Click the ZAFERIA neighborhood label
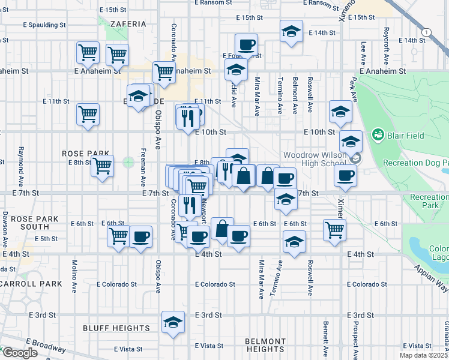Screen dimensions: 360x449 click(127, 24)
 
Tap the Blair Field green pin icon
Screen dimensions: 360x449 click(378, 133)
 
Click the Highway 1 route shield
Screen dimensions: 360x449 click(426, 31)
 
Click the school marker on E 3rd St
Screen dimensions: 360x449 click(173, 322)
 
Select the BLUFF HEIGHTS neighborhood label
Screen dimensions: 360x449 click(116, 328)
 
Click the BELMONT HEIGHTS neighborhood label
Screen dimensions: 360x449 click(265, 345)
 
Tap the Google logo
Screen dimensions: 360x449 click(20, 352)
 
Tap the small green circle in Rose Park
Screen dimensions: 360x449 click(128, 161)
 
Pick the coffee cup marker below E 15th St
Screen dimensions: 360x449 click(246, 44)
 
